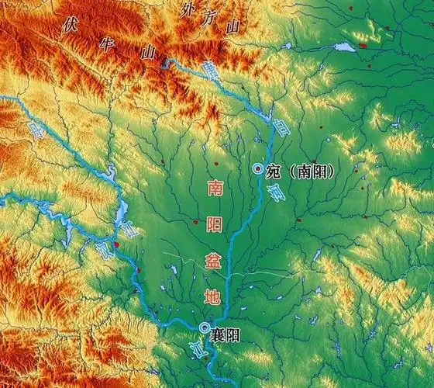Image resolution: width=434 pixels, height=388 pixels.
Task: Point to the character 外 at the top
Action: pyautogui.click(x=187, y=11)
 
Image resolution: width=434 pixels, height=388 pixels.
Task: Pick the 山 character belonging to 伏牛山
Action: pyautogui.click(x=148, y=53)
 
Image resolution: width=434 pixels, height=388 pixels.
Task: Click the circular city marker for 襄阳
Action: pyautogui.click(x=204, y=327)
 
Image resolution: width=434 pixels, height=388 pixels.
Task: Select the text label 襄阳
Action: pyautogui.click(x=222, y=330)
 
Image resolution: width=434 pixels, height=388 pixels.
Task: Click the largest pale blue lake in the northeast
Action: pyautogui.click(x=344, y=47)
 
